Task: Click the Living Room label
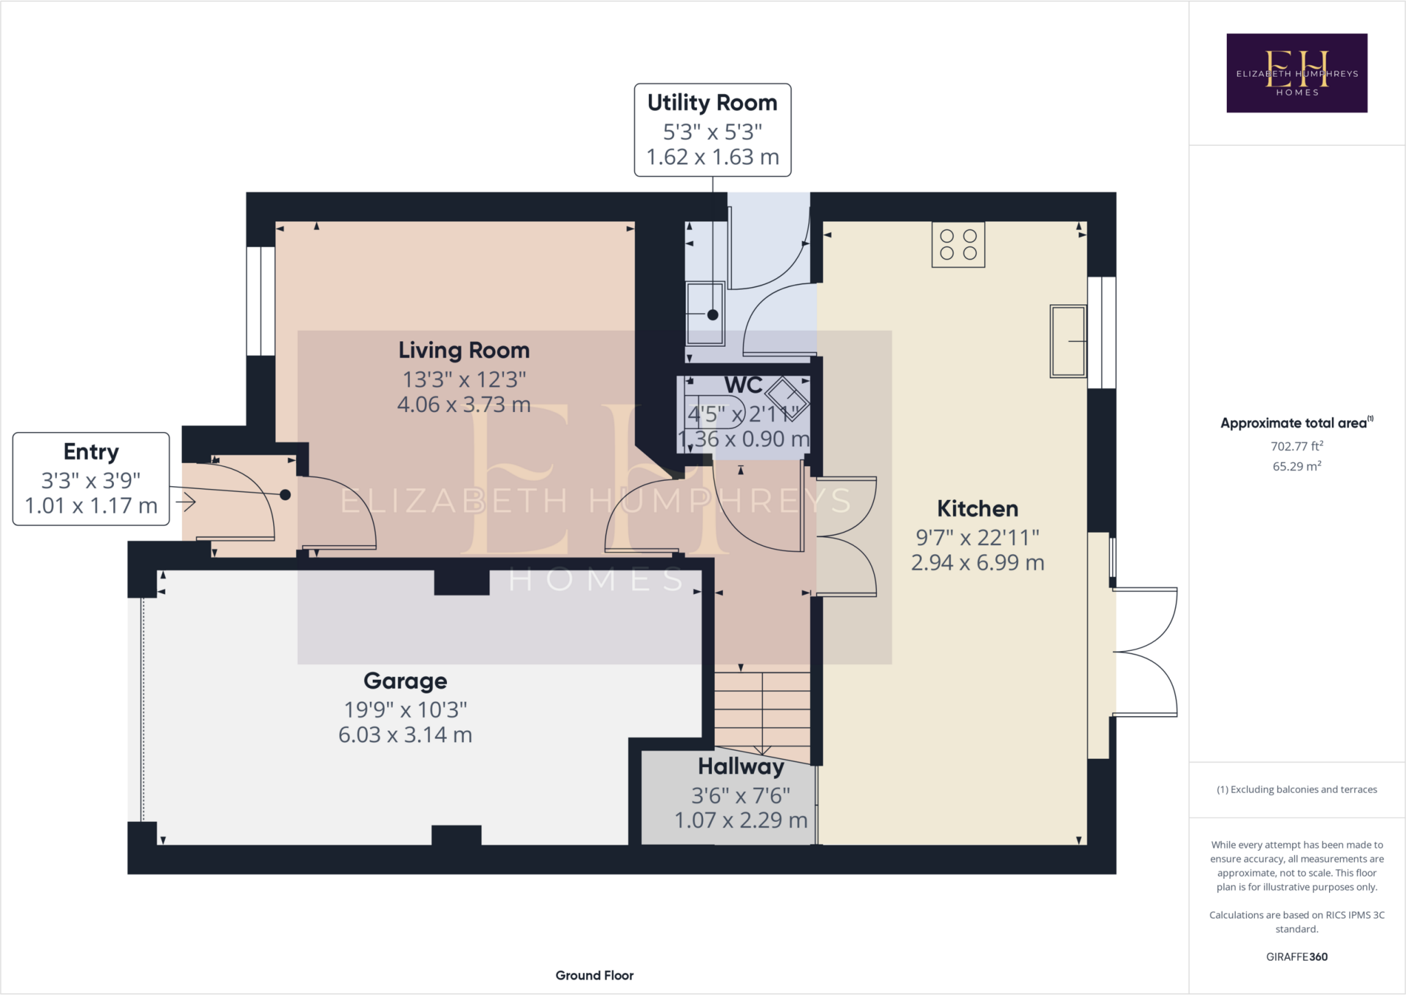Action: [x=464, y=350]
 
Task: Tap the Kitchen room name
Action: [x=978, y=509]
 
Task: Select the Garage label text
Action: [x=405, y=681]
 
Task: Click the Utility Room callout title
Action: [x=713, y=102]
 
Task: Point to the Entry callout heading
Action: [x=91, y=452]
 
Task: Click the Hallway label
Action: [x=741, y=766]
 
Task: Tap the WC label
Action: [x=744, y=385]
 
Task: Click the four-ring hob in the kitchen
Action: [x=958, y=244]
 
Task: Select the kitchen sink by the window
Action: [x=1068, y=341]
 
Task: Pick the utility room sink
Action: [x=706, y=313]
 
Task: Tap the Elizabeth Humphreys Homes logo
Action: [x=1297, y=73]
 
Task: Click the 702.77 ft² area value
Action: [x=1297, y=446]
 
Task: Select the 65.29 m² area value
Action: [x=1297, y=466]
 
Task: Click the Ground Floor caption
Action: [x=595, y=975]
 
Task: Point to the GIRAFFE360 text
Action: [x=1297, y=957]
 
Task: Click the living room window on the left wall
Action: [x=261, y=301]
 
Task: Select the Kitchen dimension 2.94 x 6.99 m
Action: [x=978, y=563]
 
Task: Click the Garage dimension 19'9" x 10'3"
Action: [x=405, y=709]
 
